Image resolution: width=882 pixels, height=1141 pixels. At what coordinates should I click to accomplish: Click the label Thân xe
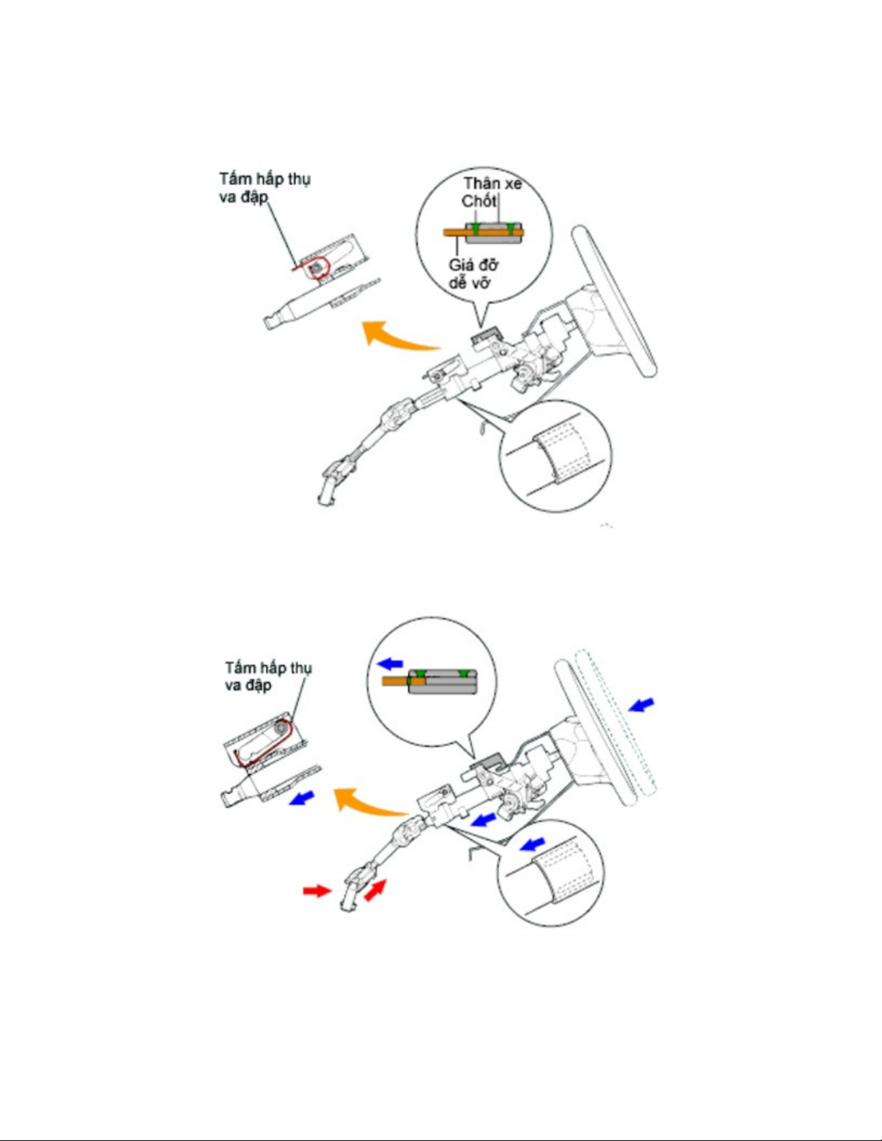492,184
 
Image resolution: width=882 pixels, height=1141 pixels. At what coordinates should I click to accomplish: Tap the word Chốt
479,201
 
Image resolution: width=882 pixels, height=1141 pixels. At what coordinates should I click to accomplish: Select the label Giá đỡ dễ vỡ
473,274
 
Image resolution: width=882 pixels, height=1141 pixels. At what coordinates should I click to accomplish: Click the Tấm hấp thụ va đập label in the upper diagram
264,187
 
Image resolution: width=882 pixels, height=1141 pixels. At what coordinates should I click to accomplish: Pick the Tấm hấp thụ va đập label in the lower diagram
268,676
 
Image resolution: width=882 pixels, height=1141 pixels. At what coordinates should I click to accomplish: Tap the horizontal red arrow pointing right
316,891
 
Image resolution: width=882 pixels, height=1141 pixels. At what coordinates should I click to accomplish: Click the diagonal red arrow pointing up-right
374,890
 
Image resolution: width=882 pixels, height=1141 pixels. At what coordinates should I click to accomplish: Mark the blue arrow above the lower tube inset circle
532,843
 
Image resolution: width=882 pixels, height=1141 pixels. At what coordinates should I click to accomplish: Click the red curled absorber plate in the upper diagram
317,268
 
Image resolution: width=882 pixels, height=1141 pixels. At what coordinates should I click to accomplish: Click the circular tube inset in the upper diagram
555,455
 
